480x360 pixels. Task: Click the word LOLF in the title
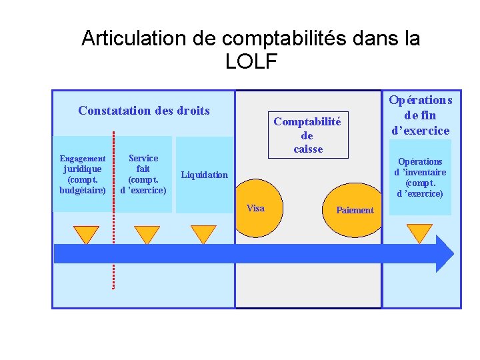tap(251, 61)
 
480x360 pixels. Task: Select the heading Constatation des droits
tap(143, 111)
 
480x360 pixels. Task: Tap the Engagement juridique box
tap(83, 175)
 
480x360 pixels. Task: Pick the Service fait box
tap(143, 175)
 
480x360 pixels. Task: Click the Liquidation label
tap(205, 175)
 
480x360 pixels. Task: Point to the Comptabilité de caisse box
tap(307, 135)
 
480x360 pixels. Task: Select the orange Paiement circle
tap(353, 211)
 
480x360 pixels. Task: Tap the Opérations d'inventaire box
tap(420, 177)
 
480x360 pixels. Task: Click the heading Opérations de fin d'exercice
tap(420, 115)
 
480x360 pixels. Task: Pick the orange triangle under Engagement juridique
tap(86, 234)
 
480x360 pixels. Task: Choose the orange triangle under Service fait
tap(147, 234)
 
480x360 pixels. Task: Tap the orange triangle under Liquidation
tap(203, 234)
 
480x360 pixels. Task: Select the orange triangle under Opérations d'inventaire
tap(419, 233)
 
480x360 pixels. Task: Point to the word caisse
tap(308, 149)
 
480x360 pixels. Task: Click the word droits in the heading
tap(193, 111)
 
